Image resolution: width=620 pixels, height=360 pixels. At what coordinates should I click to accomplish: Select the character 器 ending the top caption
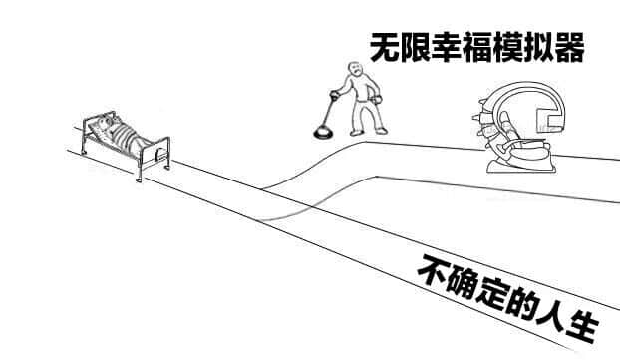569,47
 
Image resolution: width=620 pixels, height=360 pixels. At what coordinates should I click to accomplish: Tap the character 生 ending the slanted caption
582,327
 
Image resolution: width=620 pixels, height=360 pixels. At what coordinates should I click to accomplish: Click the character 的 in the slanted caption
522,304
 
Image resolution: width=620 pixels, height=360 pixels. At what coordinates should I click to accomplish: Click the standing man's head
356,69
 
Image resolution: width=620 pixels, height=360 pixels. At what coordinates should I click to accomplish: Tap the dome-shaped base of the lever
323,132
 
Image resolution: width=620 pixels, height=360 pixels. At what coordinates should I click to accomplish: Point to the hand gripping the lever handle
335,95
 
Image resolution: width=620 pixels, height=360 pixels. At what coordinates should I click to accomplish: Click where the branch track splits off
262,189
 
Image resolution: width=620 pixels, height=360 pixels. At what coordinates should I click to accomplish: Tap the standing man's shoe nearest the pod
381,131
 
